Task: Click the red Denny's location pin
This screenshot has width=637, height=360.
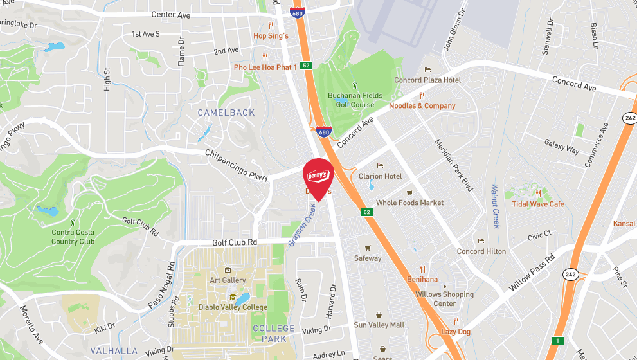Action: pyautogui.click(x=318, y=177)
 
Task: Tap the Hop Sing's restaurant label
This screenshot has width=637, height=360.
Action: pyautogui.click(x=271, y=36)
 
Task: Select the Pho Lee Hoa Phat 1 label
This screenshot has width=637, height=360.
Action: pyautogui.click(x=265, y=67)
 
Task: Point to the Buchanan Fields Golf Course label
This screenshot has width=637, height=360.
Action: pyautogui.click(x=351, y=100)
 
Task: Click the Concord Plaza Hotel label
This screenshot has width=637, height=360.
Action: pyautogui.click(x=427, y=80)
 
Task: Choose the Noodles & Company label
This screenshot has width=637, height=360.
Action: pyautogui.click(x=422, y=105)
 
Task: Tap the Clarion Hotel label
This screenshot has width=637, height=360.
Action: pyautogui.click(x=380, y=176)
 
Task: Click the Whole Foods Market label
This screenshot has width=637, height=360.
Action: pyautogui.click(x=409, y=203)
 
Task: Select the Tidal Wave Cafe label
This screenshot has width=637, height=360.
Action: pyautogui.click(x=538, y=204)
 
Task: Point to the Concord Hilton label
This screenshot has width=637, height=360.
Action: pyautogui.click(x=481, y=251)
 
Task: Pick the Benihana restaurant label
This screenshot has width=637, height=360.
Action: pyautogui.click(x=422, y=280)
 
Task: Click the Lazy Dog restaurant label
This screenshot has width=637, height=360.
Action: pyautogui.click(x=456, y=331)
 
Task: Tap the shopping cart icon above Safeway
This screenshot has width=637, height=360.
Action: pyautogui.click(x=368, y=248)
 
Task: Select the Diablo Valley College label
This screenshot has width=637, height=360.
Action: pyautogui.click(x=233, y=307)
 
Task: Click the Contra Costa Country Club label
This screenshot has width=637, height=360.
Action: pyautogui.click(x=73, y=237)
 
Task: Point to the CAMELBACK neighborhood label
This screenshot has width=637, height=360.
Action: pyautogui.click(x=226, y=113)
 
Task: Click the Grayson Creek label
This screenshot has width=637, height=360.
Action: pyautogui.click(x=302, y=225)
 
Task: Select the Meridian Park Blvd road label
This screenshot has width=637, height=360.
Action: pyautogui.click(x=454, y=165)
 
